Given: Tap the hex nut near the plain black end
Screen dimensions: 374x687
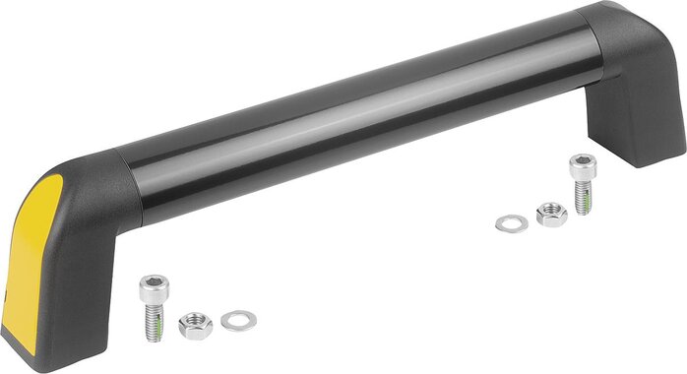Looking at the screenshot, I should [550, 214].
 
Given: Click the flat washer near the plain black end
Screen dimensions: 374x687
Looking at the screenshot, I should [512, 222].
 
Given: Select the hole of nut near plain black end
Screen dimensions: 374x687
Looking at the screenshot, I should [551, 211].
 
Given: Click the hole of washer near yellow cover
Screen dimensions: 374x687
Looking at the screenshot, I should [238, 319].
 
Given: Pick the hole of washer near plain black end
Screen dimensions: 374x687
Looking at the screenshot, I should [512, 222].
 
